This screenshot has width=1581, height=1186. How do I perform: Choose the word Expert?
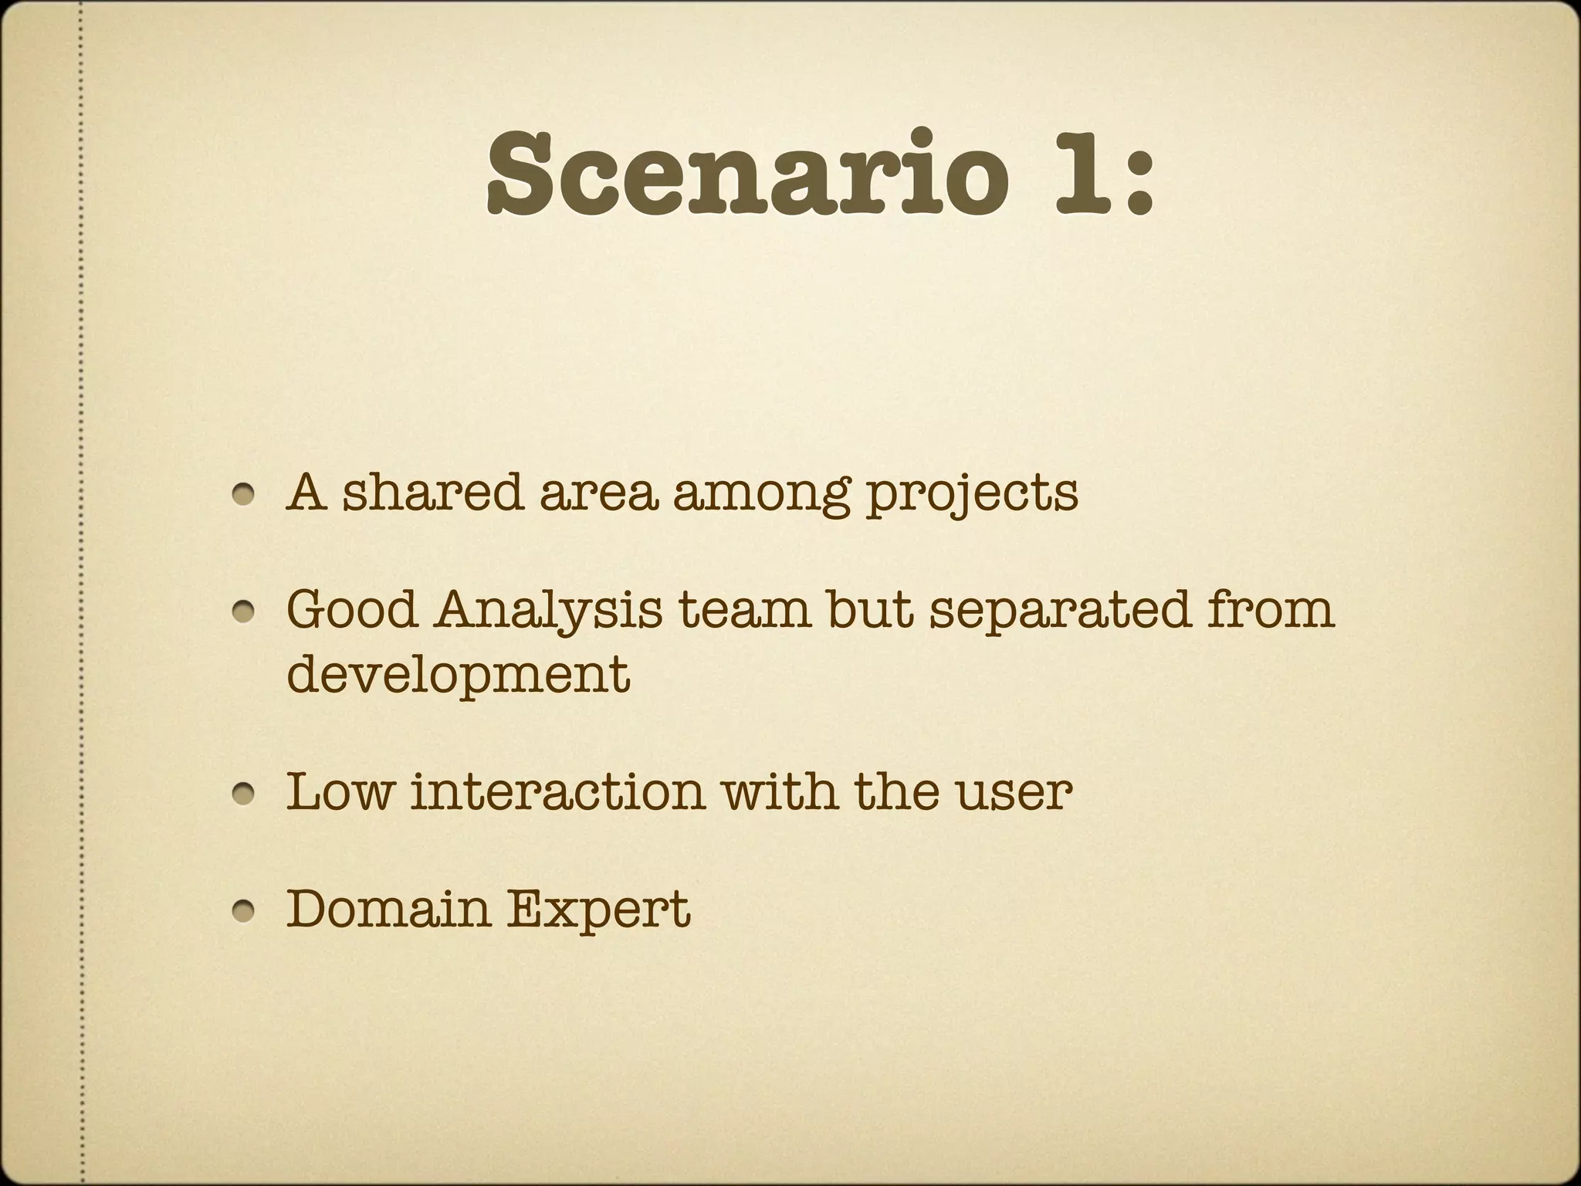[598, 911]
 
